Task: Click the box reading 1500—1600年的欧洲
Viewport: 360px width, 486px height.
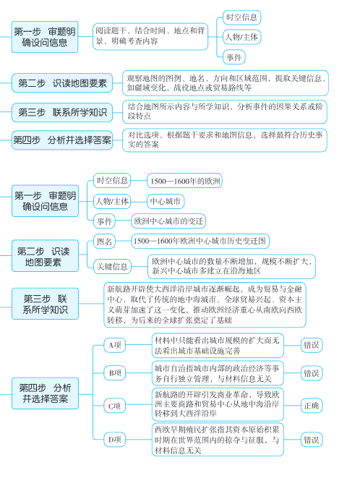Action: pyautogui.click(x=184, y=180)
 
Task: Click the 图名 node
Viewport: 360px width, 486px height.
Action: pyautogui.click(x=105, y=240)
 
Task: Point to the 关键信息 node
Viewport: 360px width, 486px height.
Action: pyautogui.click(x=112, y=267)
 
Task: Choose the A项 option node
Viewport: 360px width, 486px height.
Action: pyautogui.click(x=114, y=345)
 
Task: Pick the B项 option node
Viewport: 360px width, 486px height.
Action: pyautogui.click(x=114, y=373)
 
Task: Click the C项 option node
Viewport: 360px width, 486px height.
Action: pyautogui.click(x=114, y=406)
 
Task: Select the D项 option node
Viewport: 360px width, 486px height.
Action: pyautogui.click(x=114, y=439)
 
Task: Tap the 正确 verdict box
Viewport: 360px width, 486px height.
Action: pyautogui.click(x=312, y=406)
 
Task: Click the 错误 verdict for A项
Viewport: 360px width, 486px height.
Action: pyautogui.click(x=312, y=345)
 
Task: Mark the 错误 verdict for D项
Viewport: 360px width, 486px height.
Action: pyautogui.click(x=312, y=439)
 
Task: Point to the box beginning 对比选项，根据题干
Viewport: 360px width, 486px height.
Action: pyautogui.click(x=226, y=139)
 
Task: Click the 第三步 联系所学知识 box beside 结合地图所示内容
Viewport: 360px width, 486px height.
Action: pyautogui.click(x=61, y=111)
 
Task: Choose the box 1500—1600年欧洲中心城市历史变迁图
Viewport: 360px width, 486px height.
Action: pyautogui.click(x=200, y=240)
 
